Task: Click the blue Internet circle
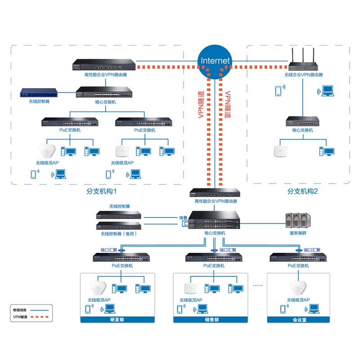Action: pyautogui.click(x=215, y=61)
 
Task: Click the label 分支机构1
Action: pyautogui.click(x=102, y=191)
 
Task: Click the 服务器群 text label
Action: pyautogui.click(x=298, y=233)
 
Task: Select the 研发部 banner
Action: pyautogui.click(x=117, y=320)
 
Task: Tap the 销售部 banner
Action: pyautogui.click(x=211, y=320)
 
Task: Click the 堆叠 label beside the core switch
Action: pyautogui.click(x=183, y=218)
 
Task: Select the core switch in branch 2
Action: pyautogui.click(x=302, y=121)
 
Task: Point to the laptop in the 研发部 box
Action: pyautogui.click(x=109, y=309)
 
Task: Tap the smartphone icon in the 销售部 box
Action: pyautogui.click(x=180, y=309)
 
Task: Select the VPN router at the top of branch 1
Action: pyautogui.click(x=103, y=65)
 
